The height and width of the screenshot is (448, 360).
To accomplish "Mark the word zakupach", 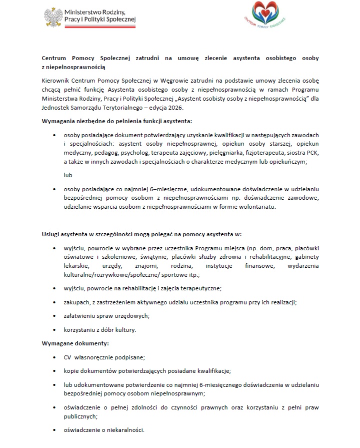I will [x=77, y=302].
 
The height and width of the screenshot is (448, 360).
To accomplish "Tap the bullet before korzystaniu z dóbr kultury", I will [x=54, y=330].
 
